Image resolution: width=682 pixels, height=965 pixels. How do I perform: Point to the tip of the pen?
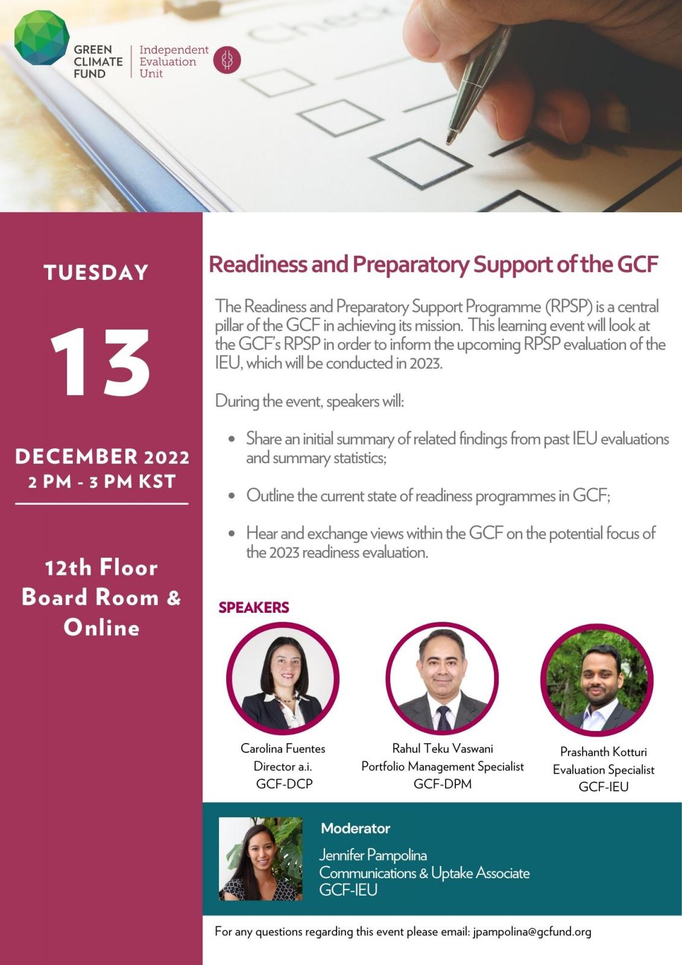pyautogui.click(x=449, y=142)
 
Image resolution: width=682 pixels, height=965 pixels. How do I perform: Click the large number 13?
pyautogui.click(x=101, y=363)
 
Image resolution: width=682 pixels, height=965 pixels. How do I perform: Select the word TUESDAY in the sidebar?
pyautogui.click(x=96, y=273)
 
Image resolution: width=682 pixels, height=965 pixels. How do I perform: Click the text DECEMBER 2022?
pyautogui.click(x=102, y=457)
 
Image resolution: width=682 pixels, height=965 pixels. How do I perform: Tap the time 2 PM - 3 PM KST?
pyautogui.click(x=102, y=482)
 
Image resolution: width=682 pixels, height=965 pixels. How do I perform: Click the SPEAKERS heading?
pyautogui.click(x=254, y=607)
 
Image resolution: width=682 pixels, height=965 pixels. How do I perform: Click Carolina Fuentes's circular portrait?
pyautogui.click(x=283, y=678)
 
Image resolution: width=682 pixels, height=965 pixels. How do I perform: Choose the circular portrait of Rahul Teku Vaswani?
pyautogui.click(x=442, y=678)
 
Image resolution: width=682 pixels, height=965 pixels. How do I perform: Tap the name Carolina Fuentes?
pyautogui.click(x=283, y=748)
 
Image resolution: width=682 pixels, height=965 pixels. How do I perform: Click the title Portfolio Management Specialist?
pyautogui.click(x=442, y=766)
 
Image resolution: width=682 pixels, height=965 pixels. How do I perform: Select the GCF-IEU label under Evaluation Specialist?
pyautogui.click(x=603, y=786)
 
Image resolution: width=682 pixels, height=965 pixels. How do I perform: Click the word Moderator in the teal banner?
pyautogui.click(x=355, y=828)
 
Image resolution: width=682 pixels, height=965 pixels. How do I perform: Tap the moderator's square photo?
pyautogui.click(x=260, y=859)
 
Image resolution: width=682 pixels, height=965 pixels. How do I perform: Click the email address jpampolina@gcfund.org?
pyautogui.click(x=532, y=931)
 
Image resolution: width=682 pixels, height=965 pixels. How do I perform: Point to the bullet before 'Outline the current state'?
pyautogui.click(x=232, y=496)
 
